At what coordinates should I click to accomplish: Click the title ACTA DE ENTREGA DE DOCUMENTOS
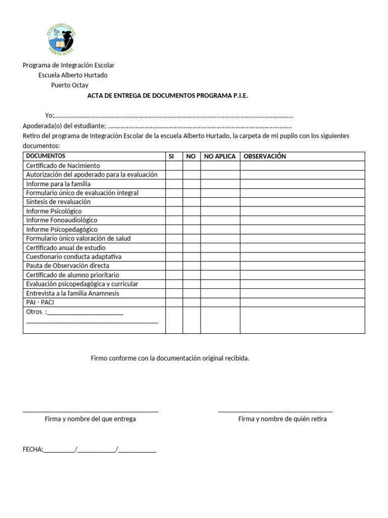pos(168,95)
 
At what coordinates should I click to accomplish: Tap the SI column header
pos(171,156)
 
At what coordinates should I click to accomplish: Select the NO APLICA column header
pos(220,156)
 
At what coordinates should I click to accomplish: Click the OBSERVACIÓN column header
pos(265,156)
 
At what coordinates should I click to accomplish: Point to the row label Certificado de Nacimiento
pos(63,165)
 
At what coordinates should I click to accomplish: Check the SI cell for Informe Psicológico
pos(174,211)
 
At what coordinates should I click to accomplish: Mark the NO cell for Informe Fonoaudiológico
pos(191,220)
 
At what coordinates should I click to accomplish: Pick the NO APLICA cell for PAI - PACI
pos(220,302)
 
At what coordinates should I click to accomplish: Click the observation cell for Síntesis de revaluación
pos(302,202)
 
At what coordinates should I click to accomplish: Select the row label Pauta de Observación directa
pos(67,266)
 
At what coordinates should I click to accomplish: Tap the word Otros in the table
pos(34,312)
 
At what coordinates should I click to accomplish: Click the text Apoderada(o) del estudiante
pos(64,126)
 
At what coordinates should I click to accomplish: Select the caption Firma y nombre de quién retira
pos(282,419)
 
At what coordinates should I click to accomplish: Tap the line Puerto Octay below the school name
pos(70,85)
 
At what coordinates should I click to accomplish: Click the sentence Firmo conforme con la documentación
pos(170,358)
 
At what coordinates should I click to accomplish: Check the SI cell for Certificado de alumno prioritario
pos(174,275)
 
